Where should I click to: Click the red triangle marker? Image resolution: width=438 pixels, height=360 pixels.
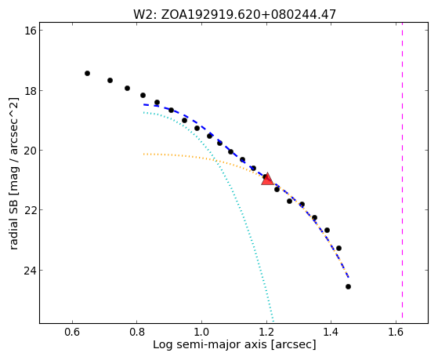tap(267, 180)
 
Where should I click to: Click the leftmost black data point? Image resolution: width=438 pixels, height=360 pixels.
tap(87, 73)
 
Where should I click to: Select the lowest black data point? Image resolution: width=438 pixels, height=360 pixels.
tap(348, 287)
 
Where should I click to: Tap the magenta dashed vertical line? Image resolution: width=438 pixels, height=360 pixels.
tap(402, 170)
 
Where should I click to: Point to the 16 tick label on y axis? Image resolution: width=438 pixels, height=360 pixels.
tap(31, 31)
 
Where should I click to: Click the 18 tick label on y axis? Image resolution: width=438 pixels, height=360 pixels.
tap(31, 90)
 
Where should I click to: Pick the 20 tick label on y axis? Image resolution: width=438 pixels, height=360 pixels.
tap(31, 151)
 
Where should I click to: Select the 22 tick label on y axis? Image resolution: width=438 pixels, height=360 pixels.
tap(31, 210)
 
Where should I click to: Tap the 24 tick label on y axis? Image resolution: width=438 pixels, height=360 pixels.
tap(31, 271)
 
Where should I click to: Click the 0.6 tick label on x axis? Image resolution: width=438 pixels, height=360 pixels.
tap(72, 332)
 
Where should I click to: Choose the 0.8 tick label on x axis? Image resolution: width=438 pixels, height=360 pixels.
tap(137, 332)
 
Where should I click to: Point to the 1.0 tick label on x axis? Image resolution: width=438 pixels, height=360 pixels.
tap(201, 332)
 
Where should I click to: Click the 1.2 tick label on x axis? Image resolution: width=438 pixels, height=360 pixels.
tap(266, 332)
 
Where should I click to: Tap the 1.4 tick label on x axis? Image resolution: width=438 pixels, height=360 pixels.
tap(331, 332)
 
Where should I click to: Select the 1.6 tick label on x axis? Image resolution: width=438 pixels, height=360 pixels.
tap(396, 332)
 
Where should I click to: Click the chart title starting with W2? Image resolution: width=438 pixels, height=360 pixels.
tap(234, 15)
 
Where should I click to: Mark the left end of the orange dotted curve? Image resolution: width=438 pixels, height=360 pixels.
tap(143, 154)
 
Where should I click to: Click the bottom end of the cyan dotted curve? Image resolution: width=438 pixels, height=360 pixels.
tap(273, 322)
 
